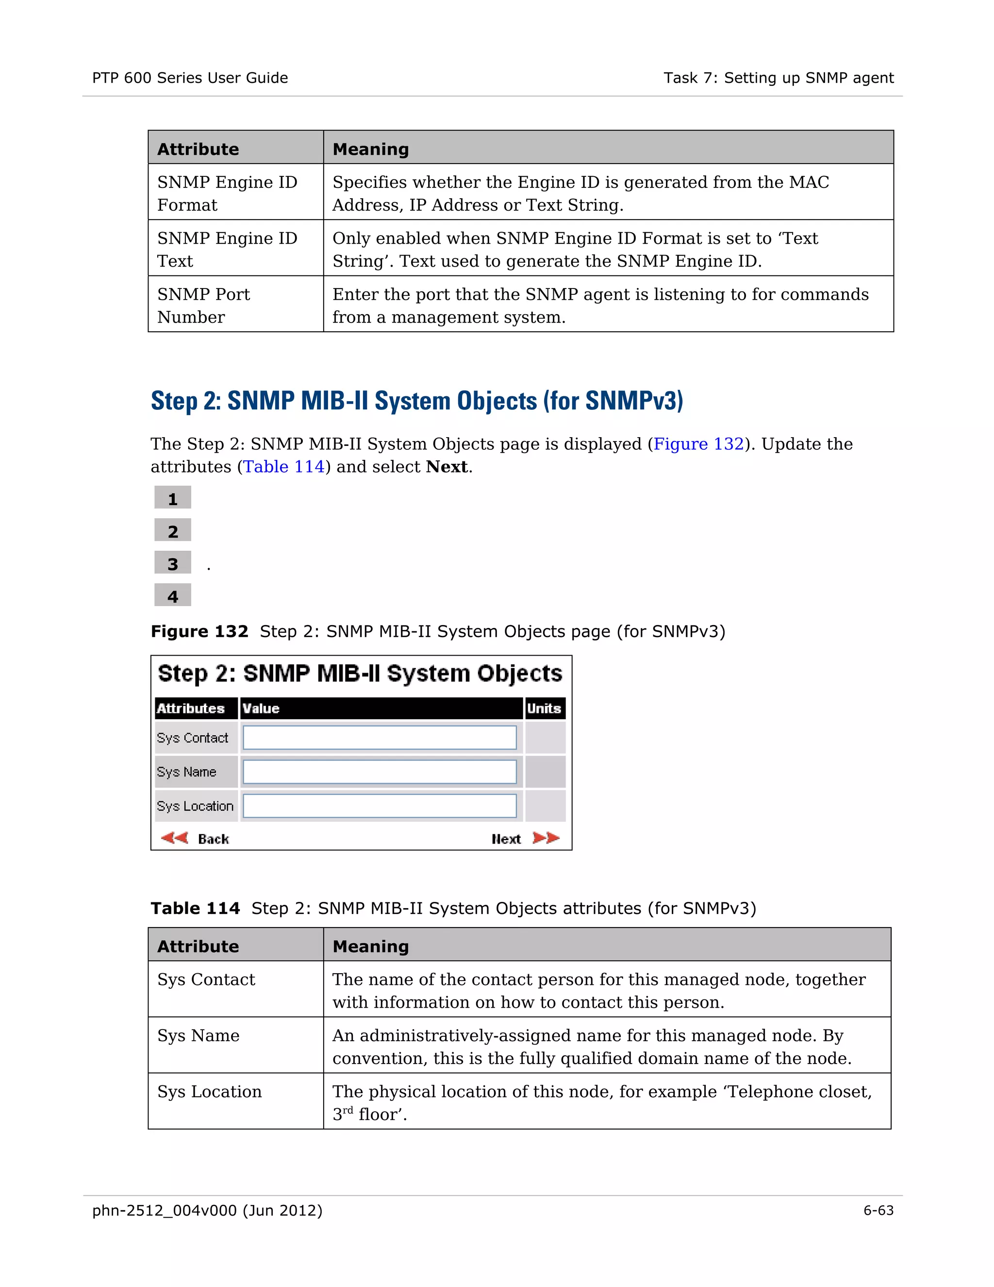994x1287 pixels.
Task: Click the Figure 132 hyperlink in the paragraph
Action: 698,444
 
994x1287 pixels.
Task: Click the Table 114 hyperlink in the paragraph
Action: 284,467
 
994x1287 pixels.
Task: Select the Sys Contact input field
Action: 380,738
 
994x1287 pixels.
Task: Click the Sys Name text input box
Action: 380,772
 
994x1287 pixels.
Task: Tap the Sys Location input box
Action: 380,806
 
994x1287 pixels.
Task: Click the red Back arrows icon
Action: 174,838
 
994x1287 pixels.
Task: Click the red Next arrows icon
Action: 546,838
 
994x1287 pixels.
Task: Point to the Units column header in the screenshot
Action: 544,708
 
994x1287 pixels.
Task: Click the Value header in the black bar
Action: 261,708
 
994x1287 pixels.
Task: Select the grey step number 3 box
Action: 172,563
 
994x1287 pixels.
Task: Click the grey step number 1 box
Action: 172,499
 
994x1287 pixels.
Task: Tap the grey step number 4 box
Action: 172,596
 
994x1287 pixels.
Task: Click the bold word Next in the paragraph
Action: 447,467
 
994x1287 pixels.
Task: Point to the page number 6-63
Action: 878,1210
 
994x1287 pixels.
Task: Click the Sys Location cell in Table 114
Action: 210,1091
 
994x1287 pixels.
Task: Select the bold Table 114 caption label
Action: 195,908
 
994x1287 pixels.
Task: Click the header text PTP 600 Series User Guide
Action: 190,78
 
